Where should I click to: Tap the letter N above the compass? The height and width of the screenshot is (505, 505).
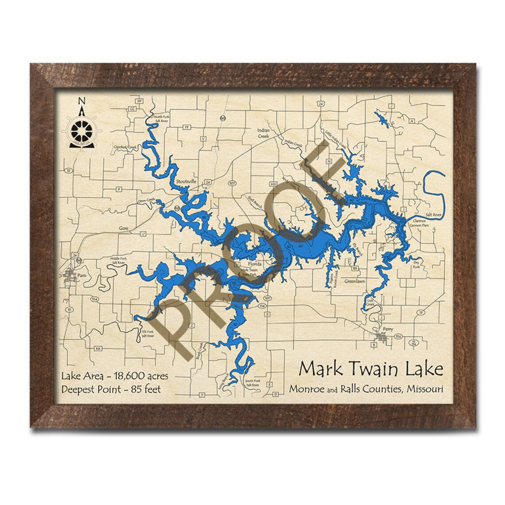tap(81, 101)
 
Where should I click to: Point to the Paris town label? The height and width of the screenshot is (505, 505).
tap(81, 275)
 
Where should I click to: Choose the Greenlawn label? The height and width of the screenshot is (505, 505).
tap(355, 281)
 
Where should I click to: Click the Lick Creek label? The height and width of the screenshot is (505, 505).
tap(371, 303)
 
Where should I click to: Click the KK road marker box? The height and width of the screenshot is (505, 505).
tap(98, 348)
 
